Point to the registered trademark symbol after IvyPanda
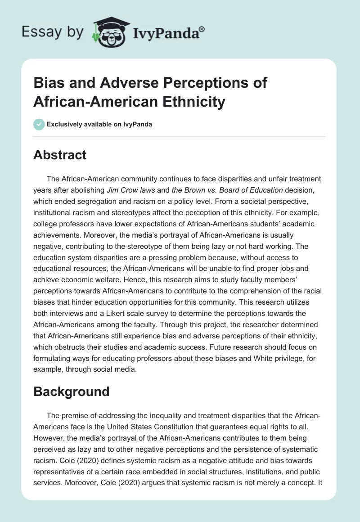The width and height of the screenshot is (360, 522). (x=202, y=29)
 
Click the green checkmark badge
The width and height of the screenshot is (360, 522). (x=39, y=124)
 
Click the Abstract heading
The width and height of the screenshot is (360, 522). (x=60, y=155)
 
